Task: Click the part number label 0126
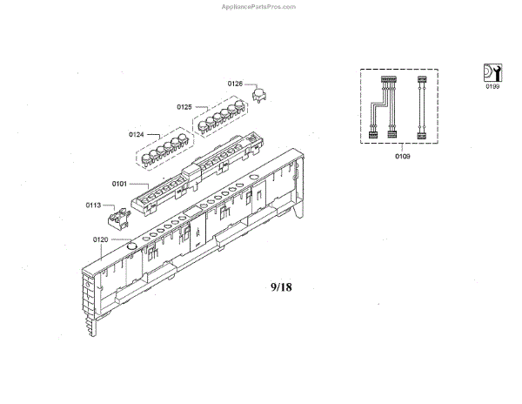click(x=235, y=83)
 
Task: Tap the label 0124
click(x=136, y=134)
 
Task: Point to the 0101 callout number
click(x=120, y=184)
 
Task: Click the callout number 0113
click(x=93, y=205)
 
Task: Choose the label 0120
click(x=101, y=239)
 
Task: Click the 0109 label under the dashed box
click(x=402, y=156)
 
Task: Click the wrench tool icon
click(x=492, y=72)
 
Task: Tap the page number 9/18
click(x=282, y=286)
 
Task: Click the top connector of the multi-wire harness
click(x=386, y=81)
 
